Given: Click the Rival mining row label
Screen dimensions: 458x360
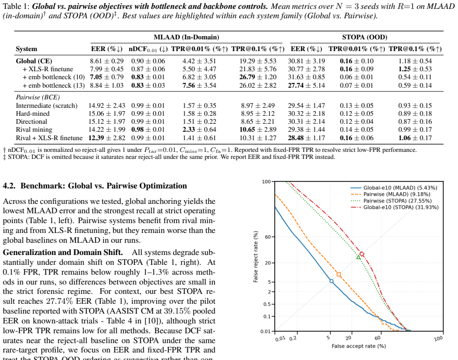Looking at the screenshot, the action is pos(34,130).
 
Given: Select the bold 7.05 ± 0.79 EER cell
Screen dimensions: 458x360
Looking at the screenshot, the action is pos(106,77).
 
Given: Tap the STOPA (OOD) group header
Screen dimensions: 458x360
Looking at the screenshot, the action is pos(365,37).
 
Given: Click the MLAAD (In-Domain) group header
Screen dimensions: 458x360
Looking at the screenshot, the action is pos(187,37).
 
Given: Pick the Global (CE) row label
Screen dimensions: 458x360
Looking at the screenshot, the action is pos(34,61).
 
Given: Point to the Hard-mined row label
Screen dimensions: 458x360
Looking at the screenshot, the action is pos(33,113).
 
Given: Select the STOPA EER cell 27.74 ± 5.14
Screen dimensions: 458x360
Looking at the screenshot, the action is pos(307,85).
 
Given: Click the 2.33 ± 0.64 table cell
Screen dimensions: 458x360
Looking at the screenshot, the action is pos(200,130).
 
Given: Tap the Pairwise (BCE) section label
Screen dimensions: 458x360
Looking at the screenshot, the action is pos(38,97).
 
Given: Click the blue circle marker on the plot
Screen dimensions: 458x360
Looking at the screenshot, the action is pos(331,281).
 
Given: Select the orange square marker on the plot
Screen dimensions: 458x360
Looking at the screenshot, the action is pos(339,274).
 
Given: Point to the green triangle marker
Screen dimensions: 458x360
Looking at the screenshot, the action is pos(359,257).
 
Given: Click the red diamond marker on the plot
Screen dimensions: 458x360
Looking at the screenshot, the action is pos(362,255).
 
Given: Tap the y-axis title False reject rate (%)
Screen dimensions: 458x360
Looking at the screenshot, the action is pos(256,257).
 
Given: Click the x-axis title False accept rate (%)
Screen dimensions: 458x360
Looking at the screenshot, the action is pos(359,346).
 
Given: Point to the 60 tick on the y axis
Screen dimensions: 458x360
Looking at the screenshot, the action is pos(268,237).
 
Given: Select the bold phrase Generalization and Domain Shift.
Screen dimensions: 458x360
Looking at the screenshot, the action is pos(63,253).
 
